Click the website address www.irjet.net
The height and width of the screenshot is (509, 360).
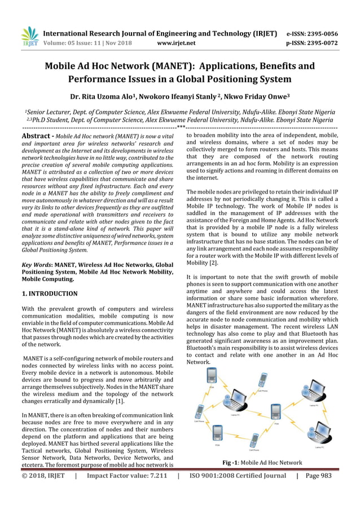pos(177,42)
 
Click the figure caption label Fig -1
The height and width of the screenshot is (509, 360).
pos(231,463)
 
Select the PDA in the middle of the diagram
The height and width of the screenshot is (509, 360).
pos(275,412)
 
